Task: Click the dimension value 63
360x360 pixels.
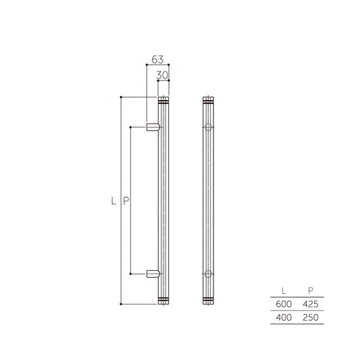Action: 157,59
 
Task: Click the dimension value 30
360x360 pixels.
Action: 162,75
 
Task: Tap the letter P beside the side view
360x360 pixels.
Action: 126,201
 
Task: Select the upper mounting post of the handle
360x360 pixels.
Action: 154,126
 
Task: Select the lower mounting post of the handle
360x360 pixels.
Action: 154,274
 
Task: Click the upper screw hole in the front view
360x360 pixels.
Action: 208,126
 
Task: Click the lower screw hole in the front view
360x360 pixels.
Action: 208,274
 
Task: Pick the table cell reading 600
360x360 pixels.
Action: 283,304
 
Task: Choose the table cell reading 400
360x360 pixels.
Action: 283,317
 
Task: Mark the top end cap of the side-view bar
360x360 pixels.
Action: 162,101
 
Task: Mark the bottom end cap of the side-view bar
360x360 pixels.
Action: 162,300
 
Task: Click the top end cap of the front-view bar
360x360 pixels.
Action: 208,101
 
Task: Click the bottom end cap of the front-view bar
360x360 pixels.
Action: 208,300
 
